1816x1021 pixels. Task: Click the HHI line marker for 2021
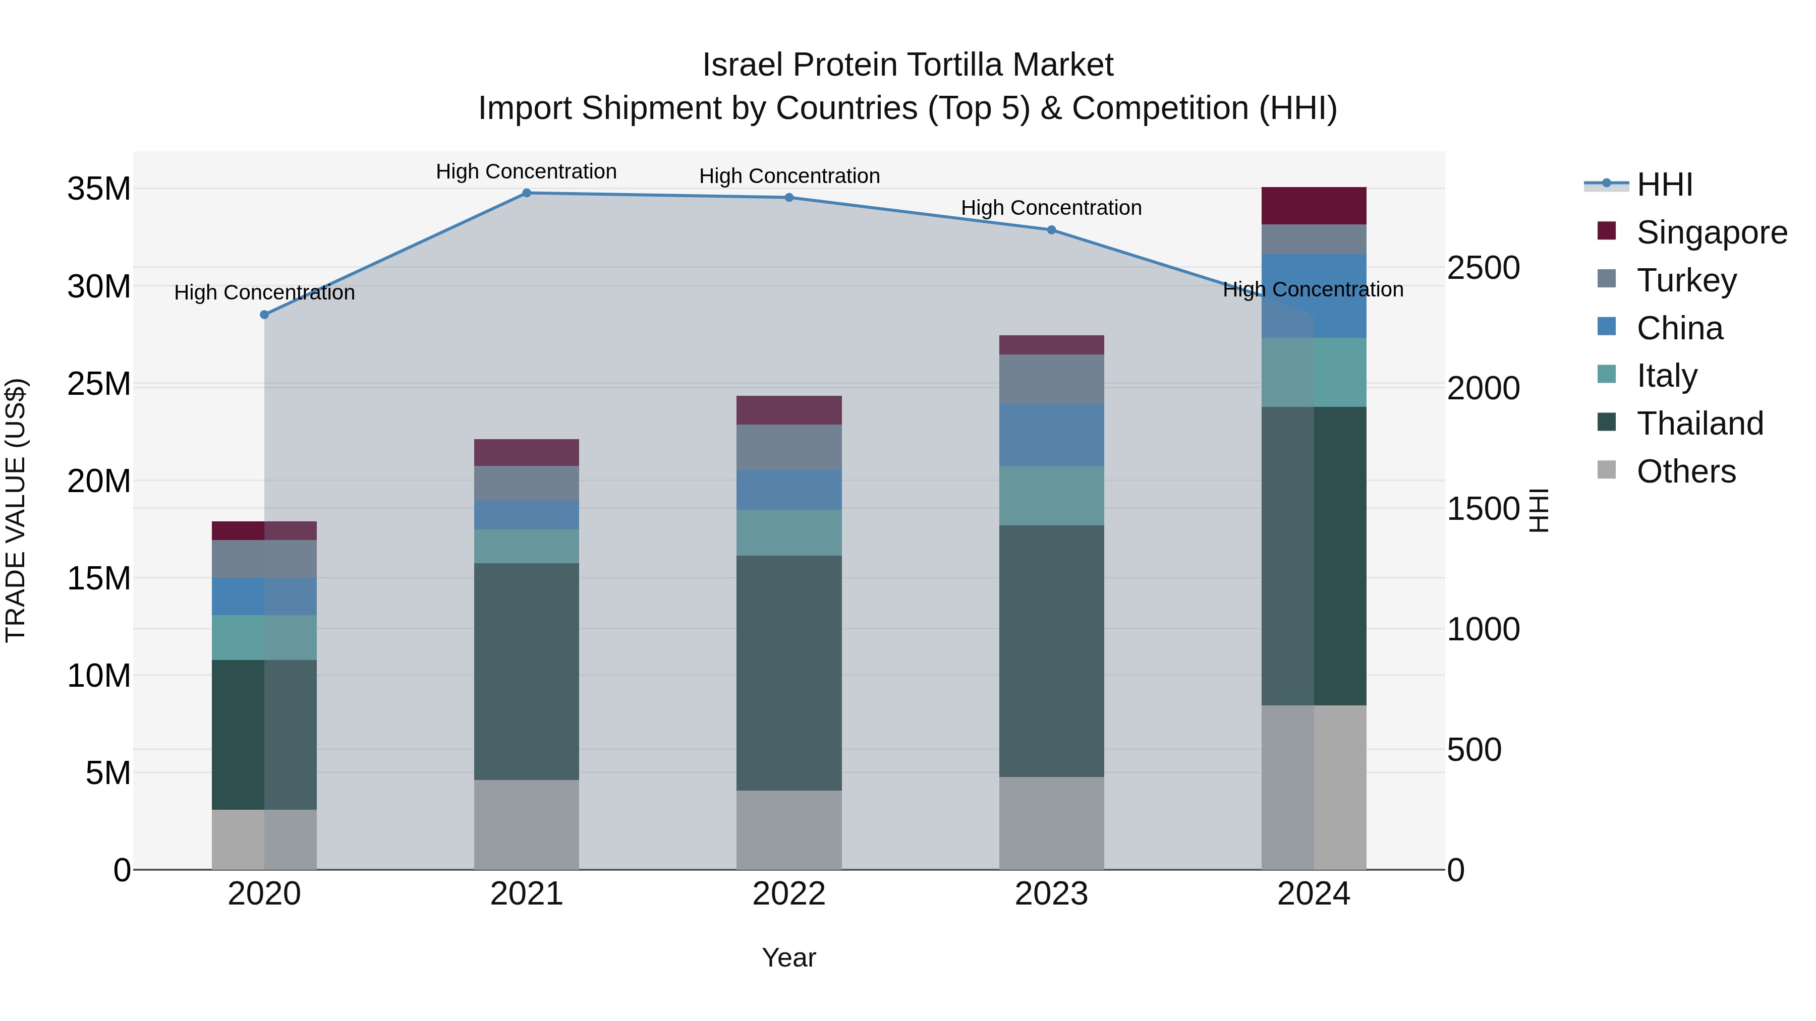coord(526,193)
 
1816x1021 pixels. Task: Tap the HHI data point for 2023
coord(1051,230)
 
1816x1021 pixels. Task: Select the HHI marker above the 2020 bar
coord(264,315)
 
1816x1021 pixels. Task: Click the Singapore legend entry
coord(1711,232)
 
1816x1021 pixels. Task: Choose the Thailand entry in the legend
coord(1699,424)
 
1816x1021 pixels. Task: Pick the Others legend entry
coord(1685,471)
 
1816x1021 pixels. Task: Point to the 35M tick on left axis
coord(99,189)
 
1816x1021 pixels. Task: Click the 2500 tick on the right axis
coord(1483,268)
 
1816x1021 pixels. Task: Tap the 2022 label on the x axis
coord(789,894)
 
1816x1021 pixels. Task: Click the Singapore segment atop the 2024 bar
coord(1314,206)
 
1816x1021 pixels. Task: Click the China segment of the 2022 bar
coord(789,490)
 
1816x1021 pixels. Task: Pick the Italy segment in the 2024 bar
coord(1314,372)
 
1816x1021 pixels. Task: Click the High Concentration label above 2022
coord(789,176)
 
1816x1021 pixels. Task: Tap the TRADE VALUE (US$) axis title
coord(16,510)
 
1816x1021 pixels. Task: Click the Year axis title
coord(789,957)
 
